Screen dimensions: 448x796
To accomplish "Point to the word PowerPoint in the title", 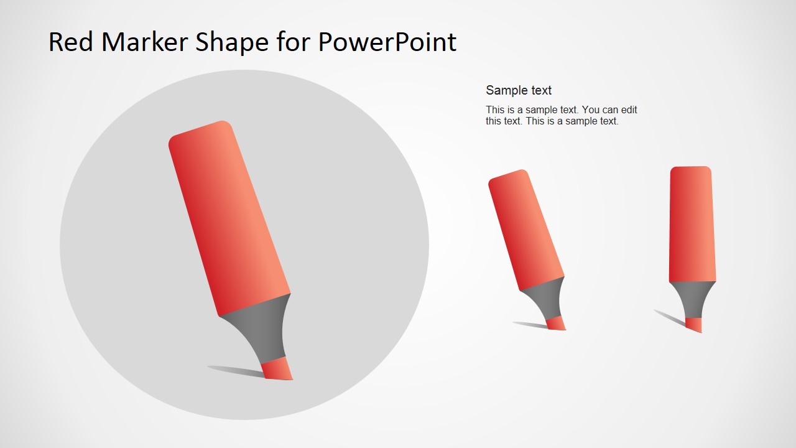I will (x=387, y=42).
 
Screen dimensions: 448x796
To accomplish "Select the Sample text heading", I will (x=519, y=90).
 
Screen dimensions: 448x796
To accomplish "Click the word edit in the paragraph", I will (x=627, y=110).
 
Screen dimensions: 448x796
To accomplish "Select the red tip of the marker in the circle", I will (x=277, y=369).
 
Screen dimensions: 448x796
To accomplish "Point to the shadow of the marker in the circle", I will (x=236, y=371).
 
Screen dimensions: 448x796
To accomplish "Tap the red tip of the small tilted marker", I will (x=556, y=323).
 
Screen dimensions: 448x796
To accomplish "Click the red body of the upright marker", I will (x=692, y=224).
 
